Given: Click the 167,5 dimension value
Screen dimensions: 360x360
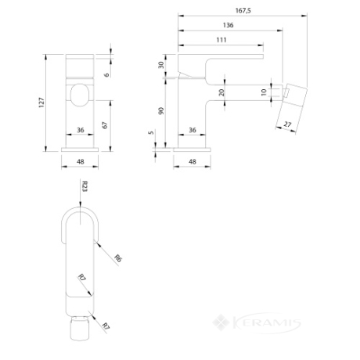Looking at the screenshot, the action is pyautogui.click(x=243, y=10).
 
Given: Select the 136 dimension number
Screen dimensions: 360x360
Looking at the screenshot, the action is pyautogui.click(x=228, y=25).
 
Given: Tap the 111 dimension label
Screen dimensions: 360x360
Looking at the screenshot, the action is pyautogui.click(x=221, y=40).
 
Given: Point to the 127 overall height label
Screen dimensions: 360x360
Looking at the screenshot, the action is pyautogui.click(x=41, y=103).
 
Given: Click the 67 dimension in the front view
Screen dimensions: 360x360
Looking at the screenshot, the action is pyautogui.click(x=105, y=125).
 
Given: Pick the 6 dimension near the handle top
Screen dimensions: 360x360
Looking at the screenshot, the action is pyautogui.click(x=106, y=75).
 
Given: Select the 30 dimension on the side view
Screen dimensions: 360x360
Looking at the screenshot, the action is pyautogui.click(x=161, y=65).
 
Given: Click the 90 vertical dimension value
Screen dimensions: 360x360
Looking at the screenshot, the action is pyautogui.click(x=161, y=111).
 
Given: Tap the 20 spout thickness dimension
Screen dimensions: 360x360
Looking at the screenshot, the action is pyautogui.click(x=221, y=92).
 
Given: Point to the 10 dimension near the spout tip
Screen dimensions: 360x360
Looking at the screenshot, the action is pyautogui.click(x=264, y=92).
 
